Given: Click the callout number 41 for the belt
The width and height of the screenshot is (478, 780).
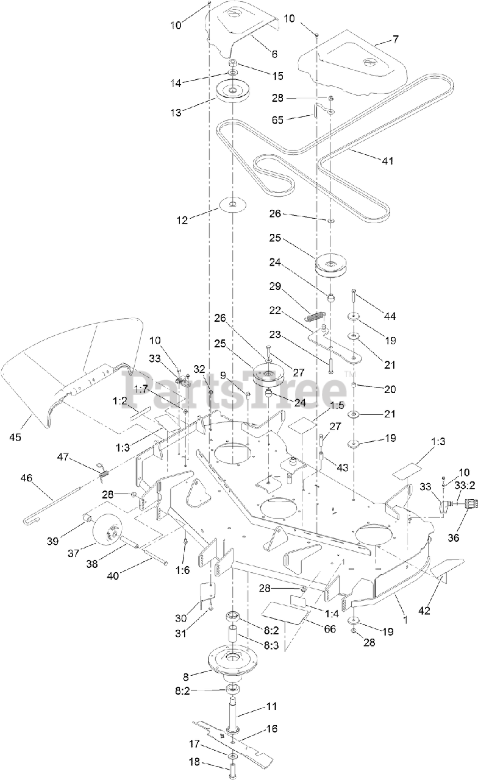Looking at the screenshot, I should [x=387, y=161].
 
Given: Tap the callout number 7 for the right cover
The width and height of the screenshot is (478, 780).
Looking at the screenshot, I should [x=396, y=39].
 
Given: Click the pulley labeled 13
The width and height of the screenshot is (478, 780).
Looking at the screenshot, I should [x=233, y=94].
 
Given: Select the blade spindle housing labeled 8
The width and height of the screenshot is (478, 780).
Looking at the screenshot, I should [x=234, y=661].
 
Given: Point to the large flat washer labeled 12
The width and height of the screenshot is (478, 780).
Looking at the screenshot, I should [x=233, y=204].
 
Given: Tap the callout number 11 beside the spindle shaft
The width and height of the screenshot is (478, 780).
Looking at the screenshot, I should [x=271, y=706].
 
